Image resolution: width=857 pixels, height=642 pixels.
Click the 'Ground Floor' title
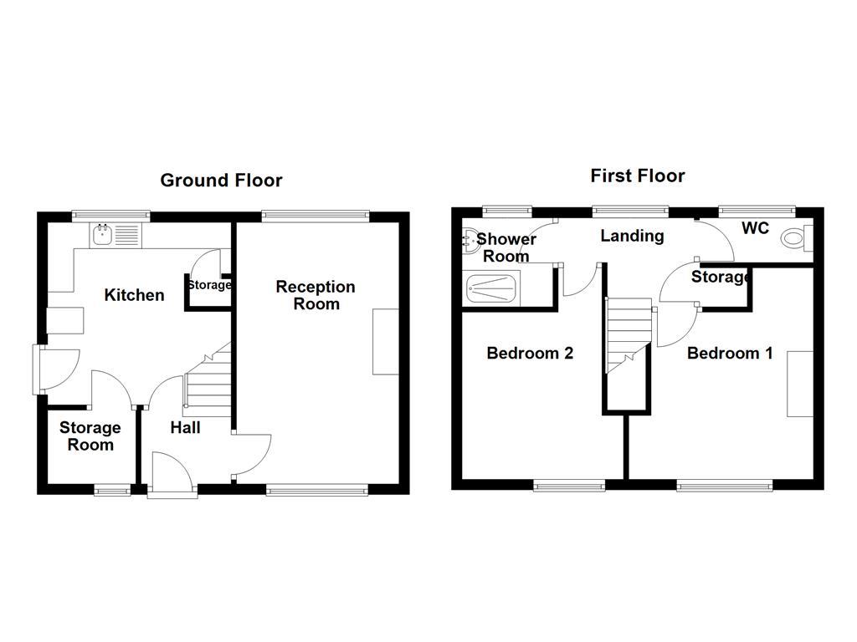click(x=221, y=181)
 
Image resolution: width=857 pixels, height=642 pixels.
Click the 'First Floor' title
click(x=637, y=176)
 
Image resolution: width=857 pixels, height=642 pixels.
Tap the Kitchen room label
click(x=134, y=295)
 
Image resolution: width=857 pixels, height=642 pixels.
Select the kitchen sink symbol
click(x=105, y=236)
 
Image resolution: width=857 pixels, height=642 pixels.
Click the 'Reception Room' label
click(x=316, y=295)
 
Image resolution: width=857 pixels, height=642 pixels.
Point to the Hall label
click(x=185, y=428)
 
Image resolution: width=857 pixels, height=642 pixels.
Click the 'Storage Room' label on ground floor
click(x=90, y=436)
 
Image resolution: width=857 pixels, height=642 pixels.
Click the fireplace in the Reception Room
click(x=386, y=342)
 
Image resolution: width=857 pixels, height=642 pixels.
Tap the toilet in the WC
click(x=793, y=239)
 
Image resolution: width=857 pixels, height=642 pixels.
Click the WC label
click(x=755, y=228)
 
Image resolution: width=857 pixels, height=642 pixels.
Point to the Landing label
click(x=632, y=237)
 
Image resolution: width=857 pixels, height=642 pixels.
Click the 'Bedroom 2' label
click(x=530, y=354)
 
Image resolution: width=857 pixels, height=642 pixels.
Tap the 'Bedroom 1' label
click(x=729, y=354)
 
